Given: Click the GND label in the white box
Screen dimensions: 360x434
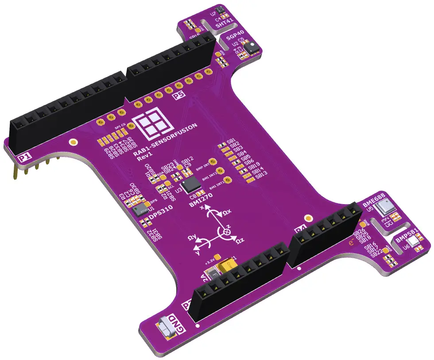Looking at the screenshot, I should (180, 327).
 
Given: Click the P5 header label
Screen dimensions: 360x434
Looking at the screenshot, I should (178, 95).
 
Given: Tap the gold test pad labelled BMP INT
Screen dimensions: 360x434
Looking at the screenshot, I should (213, 163).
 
